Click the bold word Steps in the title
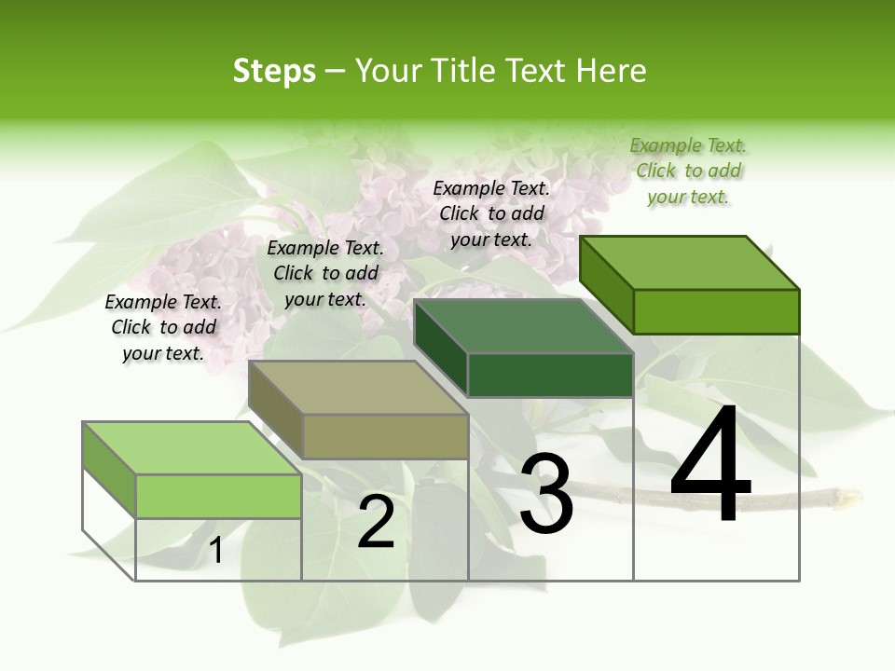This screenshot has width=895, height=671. coord(274,71)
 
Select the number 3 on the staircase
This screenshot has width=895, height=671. coord(545,495)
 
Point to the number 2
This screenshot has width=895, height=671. coord(376,522)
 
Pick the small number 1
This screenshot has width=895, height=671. coord(215,551)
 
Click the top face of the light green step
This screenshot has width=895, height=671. coord(192,448)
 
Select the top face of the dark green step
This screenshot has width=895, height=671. coord(523,326)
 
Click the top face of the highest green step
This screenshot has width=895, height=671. coord(689,262)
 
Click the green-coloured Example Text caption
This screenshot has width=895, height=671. coord(688,171)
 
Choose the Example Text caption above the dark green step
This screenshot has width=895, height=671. coord(491,213)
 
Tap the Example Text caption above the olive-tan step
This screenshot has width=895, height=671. coord(325,273)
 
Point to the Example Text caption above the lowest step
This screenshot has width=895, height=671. coord(163,327)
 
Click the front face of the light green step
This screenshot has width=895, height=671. coord(218,496)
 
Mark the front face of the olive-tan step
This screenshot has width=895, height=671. coord(385,436)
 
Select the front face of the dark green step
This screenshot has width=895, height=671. coord(550,376)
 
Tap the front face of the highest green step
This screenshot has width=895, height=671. coord(716,311)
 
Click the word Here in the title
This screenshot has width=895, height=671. coord(611,71)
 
